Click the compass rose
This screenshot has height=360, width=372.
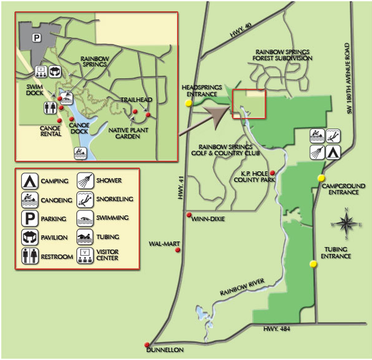pos(346,224)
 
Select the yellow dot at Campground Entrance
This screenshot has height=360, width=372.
pos(321,178)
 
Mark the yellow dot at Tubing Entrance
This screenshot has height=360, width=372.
pos(314,264)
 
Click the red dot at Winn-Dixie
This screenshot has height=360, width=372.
pos(188,215)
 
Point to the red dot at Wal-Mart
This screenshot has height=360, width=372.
pos(178,250)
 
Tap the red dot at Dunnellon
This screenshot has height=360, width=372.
pos(147,344)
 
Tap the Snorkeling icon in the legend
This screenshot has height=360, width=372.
pos(85,200)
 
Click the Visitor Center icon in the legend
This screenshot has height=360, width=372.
pos(85,255)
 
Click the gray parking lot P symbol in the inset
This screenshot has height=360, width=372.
pos(36,37)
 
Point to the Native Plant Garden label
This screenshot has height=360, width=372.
pos(131,133)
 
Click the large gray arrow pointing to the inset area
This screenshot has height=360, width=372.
pos(212,117)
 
